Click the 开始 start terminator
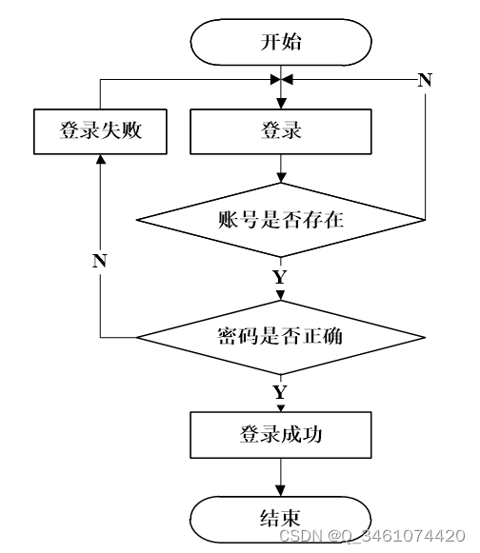[x=281, y=42]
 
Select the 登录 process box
[x=281, y=131]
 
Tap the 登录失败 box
[x=100, y=131]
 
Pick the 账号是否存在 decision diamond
[x=281, y=220]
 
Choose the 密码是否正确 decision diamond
[x=281, y=337]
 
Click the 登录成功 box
[x=281, y=435]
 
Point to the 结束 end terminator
[x=281, y=519]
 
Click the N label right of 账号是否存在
[x=425, y=80]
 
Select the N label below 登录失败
[x=100, y=261]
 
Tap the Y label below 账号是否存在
[x=280, y=277]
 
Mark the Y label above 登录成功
[x=280, y=392]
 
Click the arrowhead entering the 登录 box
[x=281, y=104]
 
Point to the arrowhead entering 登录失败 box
[x=101, y=159]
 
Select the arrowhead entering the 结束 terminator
[x=281, y=491]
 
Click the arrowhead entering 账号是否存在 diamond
[x=281, y=177]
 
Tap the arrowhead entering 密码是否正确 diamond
[x=281, y=295]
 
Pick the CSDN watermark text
[x=372, y=536]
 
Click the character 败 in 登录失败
[x=131, y=130]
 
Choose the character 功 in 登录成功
[x=311, y=434]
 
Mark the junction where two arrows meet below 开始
[x=281, y=80]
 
